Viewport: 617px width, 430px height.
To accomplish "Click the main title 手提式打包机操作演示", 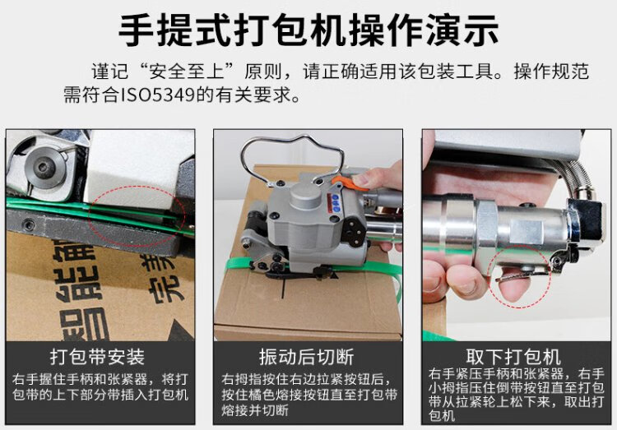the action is pyautogui.click(x=308, y=30).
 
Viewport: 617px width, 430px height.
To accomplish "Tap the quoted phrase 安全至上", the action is pyautogui.click(x=187, y=72).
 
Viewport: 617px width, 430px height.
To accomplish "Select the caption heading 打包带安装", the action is pyautogui.click(x=98, y=357).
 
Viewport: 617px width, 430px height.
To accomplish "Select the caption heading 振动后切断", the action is pyautogui.click(x=307, y=357).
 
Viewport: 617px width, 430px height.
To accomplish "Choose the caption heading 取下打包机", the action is pyautogui.click(x=513, y=357).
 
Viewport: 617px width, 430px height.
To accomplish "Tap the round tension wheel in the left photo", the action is pyautogui.click(x=44, y=167).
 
